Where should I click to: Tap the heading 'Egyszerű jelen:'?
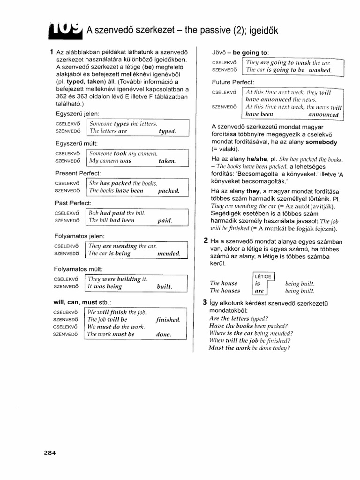(78, 114)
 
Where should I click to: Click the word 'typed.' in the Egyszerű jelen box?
(167, 132)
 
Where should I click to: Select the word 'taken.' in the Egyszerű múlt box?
(167, 161)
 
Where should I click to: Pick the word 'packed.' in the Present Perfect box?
(169, 191)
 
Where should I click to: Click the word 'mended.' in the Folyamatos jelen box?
(169, 254)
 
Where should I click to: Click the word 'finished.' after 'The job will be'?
(168, 320)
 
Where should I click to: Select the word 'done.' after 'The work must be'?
(164, 334)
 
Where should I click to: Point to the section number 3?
(205, 302)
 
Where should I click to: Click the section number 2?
(205, 240)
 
